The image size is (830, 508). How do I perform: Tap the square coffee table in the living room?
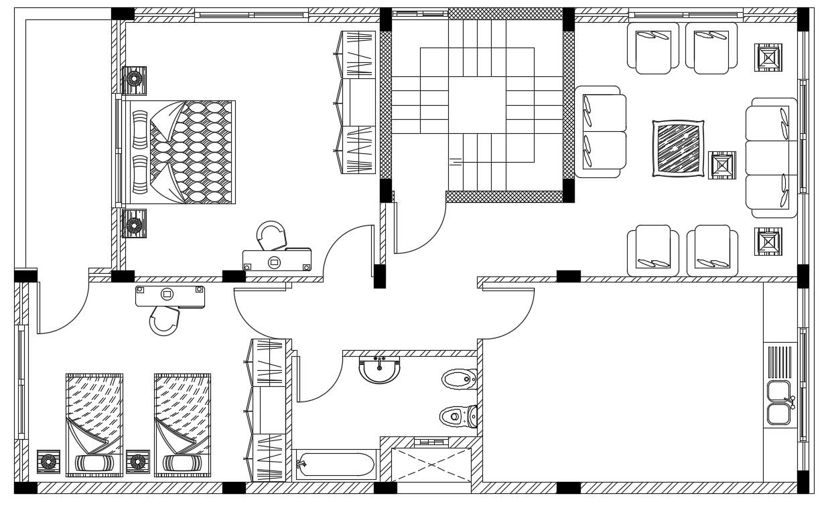click(678, 149)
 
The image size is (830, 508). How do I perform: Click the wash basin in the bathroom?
click(380, 370)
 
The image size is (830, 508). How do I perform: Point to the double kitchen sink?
click(780, 403)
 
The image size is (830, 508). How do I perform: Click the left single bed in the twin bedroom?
click(94, 425)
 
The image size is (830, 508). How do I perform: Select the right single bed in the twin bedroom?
click(182, 425)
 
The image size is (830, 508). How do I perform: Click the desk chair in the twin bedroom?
click(165, 320)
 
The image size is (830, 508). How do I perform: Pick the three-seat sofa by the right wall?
click(772, 157)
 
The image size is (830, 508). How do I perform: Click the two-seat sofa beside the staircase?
click(600, 131)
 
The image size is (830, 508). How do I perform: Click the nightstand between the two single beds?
click(137, 462)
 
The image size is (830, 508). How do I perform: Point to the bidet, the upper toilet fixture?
click(459, 380)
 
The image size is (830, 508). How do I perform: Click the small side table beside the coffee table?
click(721, 165)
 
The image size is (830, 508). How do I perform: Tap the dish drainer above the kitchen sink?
click(779, 361)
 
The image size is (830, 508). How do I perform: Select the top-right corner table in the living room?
click(768, 57)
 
